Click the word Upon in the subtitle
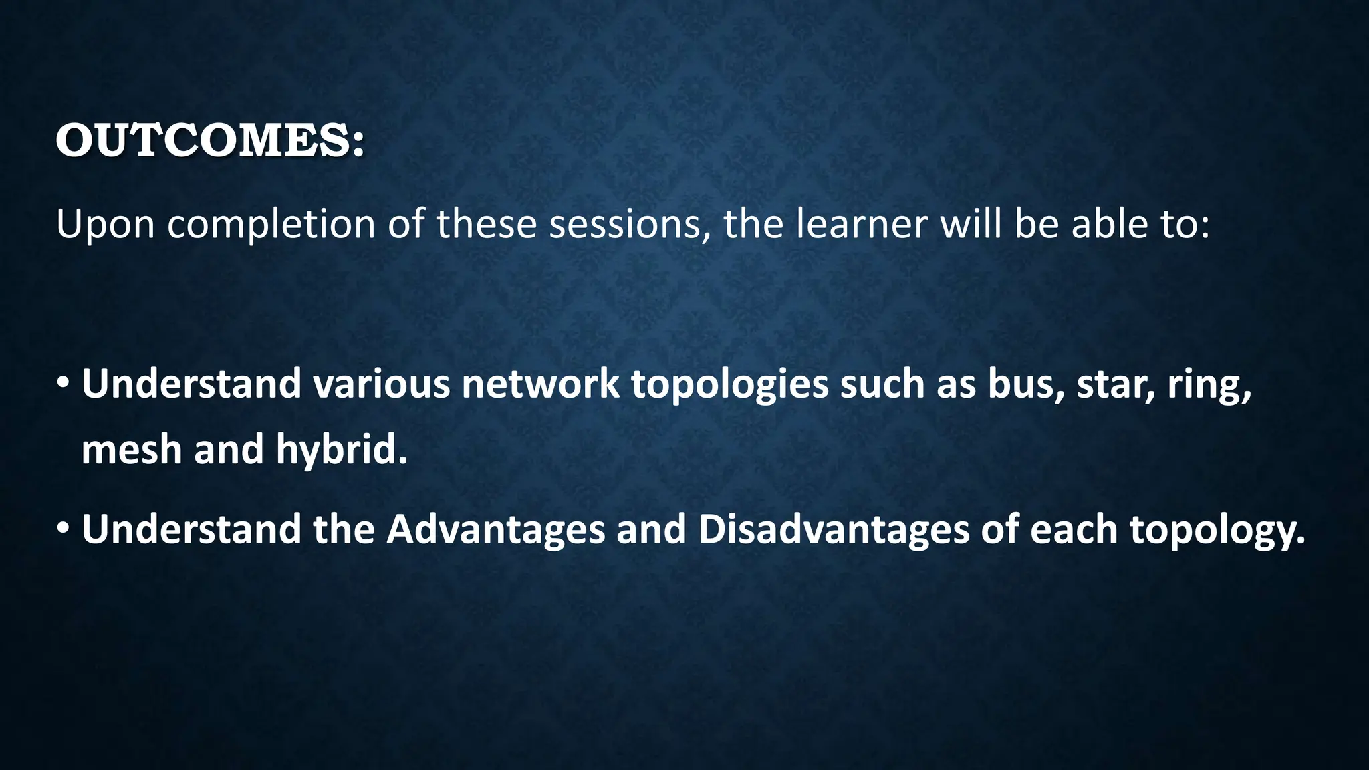105,225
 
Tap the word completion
271,225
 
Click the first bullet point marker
63,384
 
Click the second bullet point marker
63,529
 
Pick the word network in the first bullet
540,384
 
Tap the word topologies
729,386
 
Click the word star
1116,384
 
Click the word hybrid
341,449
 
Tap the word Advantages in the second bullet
495,530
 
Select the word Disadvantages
833,530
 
